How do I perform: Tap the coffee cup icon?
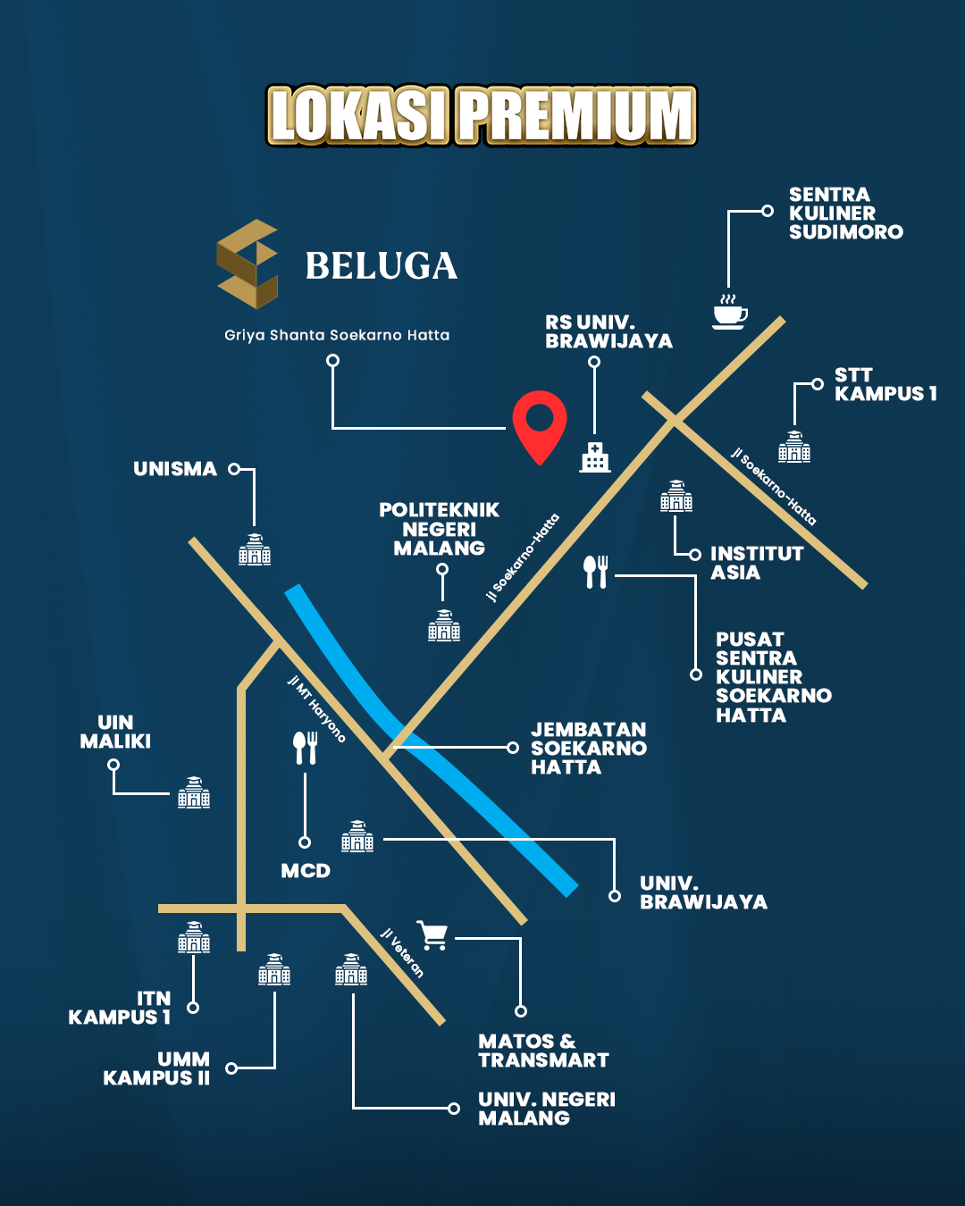(x=729, y=313)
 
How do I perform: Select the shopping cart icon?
(x=433, y=935)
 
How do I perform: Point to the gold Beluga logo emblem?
(x=248, y=264)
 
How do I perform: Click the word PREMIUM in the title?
(x=576, y=116)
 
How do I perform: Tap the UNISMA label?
(x=175, y=469)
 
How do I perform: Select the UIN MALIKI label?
(x=115, y=732)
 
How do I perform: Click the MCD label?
(x=306, y=871)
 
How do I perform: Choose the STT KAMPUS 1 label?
(x=885, y=384)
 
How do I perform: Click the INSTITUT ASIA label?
(x=756, y=563)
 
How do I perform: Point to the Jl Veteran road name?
(x=402, y=952)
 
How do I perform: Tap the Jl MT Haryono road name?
(x=316, y=708)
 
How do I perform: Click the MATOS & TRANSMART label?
(x=543, y=1051)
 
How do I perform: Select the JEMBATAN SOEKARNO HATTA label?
(x=588, y=749)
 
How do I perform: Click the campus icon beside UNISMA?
(x=255, y=550)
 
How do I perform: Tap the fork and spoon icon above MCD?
(x=306, y=748)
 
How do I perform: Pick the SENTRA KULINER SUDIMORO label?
(x=845, y=214)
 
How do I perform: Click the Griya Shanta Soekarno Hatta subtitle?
(x=337, y=335)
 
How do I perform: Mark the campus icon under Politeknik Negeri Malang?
(x=444, y=625)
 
